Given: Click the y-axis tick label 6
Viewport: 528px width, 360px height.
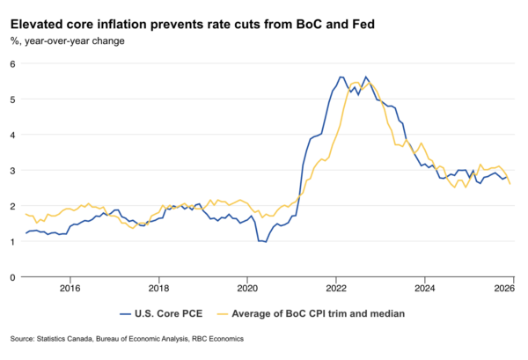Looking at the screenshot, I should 14,64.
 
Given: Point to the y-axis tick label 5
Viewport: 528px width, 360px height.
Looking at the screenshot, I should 14,99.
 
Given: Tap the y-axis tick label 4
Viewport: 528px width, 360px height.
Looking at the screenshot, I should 14,135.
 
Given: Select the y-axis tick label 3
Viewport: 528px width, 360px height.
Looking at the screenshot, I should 14,170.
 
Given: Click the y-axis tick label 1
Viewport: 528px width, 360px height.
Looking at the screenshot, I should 14,241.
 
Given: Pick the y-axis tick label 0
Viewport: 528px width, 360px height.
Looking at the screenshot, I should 14,276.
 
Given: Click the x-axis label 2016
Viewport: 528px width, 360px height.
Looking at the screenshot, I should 70,288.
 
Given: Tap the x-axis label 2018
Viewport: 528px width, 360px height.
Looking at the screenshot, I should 158,288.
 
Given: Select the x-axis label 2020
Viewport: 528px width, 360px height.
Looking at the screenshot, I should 247,288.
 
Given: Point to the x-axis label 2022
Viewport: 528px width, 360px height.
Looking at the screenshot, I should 335,288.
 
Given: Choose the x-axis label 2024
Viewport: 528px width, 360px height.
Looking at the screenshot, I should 424,288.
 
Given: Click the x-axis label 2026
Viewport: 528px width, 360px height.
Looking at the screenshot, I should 504,288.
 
